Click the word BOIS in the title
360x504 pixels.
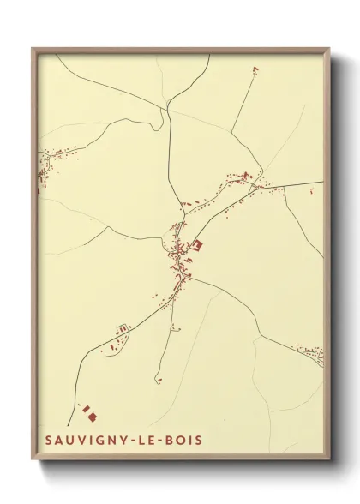[184, 440]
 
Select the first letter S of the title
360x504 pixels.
[48, 440]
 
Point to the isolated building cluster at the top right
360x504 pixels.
[255, 70]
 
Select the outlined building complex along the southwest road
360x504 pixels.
[123, 328]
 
